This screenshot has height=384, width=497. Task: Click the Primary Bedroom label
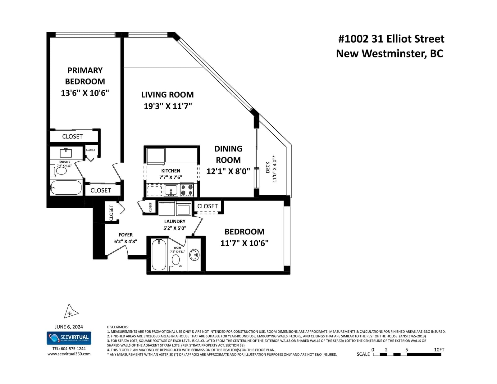(x=85, y=76)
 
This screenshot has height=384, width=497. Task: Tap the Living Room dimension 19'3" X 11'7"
(x=168, y=106)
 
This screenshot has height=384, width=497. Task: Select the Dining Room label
(x=228, y=154)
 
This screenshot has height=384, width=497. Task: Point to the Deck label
(x=268, y=167)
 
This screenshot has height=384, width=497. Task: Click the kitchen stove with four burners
(x=187, y=190)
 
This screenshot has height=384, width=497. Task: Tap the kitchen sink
(x=171, y=191)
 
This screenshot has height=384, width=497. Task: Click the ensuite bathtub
(x=66, y=188)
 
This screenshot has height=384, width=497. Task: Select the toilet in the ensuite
(x=60, y=171)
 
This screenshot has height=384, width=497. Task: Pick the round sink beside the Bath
(x=194, y=255)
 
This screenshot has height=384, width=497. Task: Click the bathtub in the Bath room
(x=159, y=255)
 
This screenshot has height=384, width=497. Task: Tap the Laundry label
(x=175, y=221)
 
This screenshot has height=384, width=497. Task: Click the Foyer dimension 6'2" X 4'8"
(x=125, y=241)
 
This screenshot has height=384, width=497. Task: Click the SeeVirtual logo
(x=69, y=338)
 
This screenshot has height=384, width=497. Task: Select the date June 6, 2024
(x=69, y=327)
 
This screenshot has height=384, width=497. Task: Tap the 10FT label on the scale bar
(x=439, y=350)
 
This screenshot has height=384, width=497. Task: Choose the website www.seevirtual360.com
(x=69, y=354)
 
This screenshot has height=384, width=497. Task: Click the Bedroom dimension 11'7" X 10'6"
(x=244, y=243)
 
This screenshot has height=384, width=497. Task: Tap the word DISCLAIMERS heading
(x=118, y=327)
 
